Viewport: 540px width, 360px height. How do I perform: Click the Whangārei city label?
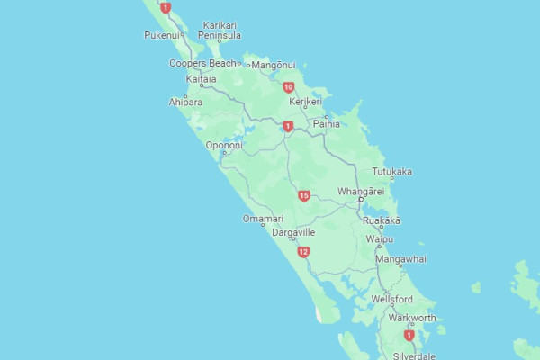(361, 192)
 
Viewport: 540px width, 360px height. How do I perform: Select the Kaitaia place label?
(201, 79)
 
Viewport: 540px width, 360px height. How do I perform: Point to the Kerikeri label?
(305, 102)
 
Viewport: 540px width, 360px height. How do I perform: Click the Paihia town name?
(327, 124)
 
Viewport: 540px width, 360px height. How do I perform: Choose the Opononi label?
(224, 145)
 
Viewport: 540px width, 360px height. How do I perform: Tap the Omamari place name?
(263, 219)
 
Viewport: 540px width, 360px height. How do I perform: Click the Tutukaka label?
(392, 171)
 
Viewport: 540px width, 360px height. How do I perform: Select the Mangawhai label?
(400, 259)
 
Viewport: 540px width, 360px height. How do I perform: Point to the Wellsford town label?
(391, 298)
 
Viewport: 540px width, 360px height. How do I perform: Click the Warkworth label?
(412, 318)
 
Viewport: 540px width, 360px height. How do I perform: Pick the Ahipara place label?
(184, 103)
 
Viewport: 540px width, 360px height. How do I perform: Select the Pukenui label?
(163, 35)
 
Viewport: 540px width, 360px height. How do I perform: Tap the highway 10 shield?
(288, 87)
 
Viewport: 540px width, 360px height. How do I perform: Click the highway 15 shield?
(304, 195)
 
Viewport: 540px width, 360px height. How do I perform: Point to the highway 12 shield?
(304, 252)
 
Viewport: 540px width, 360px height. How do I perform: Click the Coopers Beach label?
(202, 63)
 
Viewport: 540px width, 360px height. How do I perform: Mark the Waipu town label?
(379, 239)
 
